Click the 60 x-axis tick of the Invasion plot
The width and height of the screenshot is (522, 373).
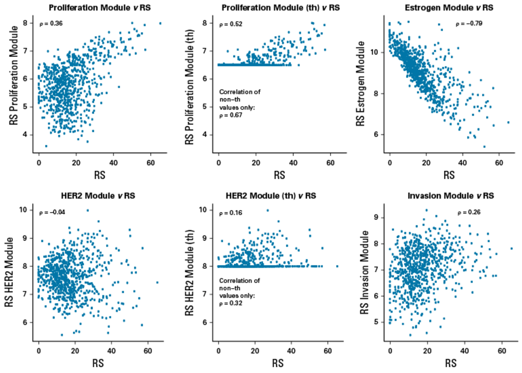[501, 350]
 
